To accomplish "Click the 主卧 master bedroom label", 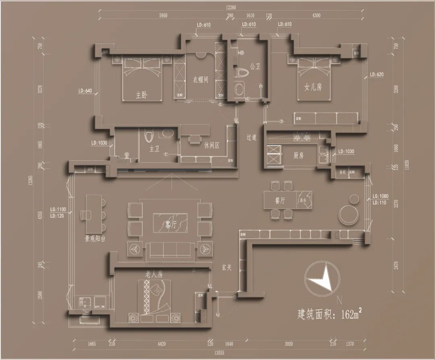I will click(141, 95).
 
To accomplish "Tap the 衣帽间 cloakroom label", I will click(200, 80).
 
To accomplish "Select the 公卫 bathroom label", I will click(255, 66).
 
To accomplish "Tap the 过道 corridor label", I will click(252, 137).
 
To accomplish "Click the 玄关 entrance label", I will click(226, 267).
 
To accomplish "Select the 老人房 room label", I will click(154, 274).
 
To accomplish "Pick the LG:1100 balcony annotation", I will click(58, 209).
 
